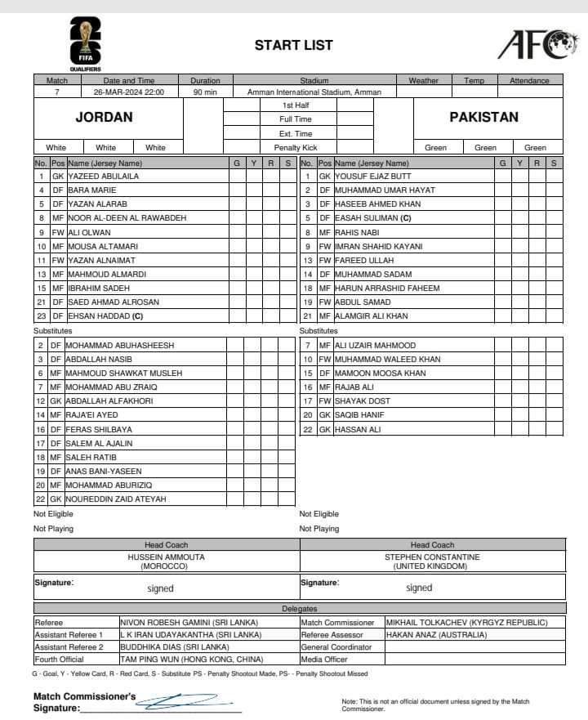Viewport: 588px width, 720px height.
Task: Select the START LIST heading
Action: (293, 46)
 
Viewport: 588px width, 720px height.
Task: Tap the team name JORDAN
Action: (104, 117)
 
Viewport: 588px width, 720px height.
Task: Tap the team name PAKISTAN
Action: (483, 117)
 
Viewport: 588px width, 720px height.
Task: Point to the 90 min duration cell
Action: (205, 92)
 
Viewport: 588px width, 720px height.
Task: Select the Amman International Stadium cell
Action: (314, 92)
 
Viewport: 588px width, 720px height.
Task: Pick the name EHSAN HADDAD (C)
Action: (106, 316)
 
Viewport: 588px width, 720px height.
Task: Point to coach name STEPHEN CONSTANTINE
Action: (432, 557)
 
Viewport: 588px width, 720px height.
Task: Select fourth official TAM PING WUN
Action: (191, 659)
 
